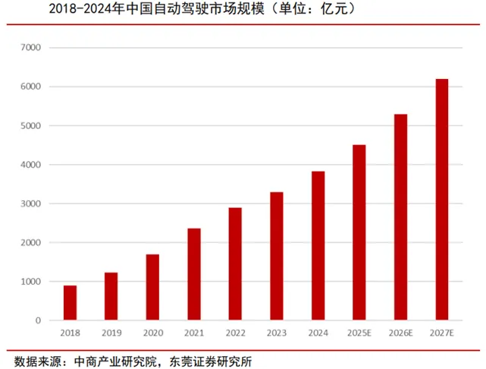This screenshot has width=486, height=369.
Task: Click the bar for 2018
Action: [x=70, y=303]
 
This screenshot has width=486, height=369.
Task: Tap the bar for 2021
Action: [x=194, y=274]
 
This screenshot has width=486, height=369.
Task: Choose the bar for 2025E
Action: [x=359, y=232]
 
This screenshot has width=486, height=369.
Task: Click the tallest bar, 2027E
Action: [x=442, y=200]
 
